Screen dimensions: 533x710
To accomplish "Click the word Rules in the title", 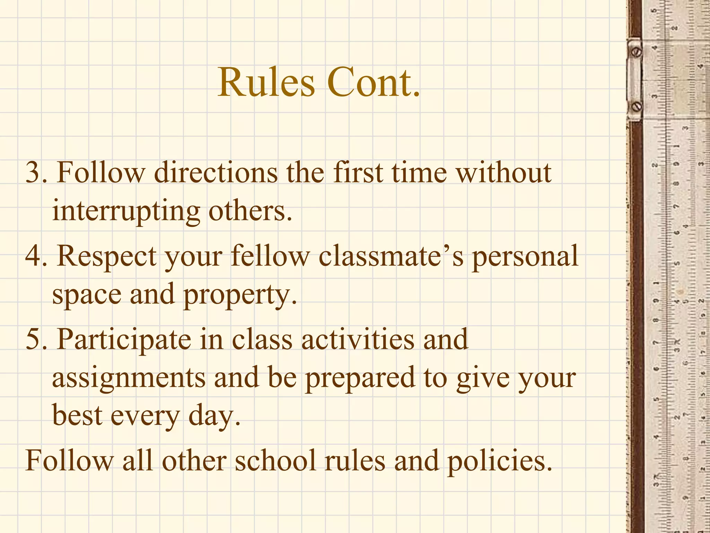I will point(266,83).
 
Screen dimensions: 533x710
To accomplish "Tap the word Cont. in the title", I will point(373,83).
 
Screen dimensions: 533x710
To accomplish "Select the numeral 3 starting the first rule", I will point(34,172).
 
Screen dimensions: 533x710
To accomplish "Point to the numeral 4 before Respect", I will point(34,256).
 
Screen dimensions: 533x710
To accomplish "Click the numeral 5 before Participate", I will point(34,339).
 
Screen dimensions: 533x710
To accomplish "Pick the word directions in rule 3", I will point(216,172).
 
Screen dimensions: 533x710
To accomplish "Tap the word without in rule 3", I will point(503,172).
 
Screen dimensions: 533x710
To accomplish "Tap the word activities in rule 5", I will point(358,339).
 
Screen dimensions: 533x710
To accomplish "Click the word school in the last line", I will point(276,461).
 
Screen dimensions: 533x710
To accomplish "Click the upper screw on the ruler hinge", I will point(637,52).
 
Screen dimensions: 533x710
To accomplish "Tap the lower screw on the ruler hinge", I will point(637,107).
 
